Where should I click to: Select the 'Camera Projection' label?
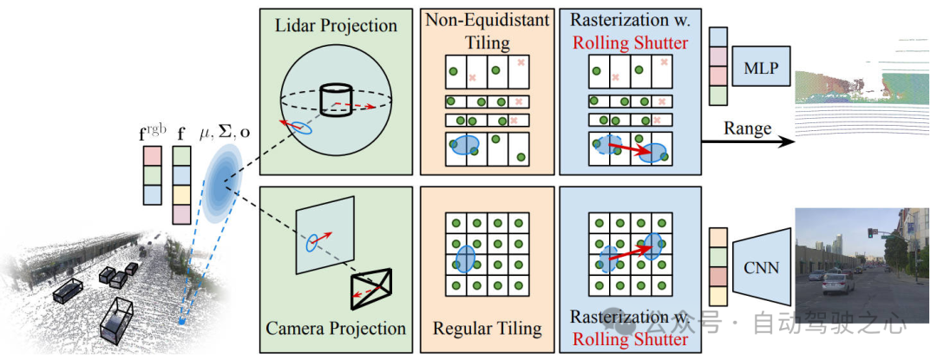point(336,329)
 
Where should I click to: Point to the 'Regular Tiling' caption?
point(487,329)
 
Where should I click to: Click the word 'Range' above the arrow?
point(747,128)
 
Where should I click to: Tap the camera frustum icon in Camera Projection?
point(370,286)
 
